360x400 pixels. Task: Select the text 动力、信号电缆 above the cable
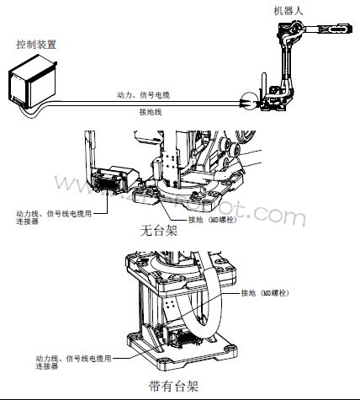[143, 94]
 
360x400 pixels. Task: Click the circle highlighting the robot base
[250, 100]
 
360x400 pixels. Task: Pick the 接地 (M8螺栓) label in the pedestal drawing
[268, 293]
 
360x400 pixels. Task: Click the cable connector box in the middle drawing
[114, 181]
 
